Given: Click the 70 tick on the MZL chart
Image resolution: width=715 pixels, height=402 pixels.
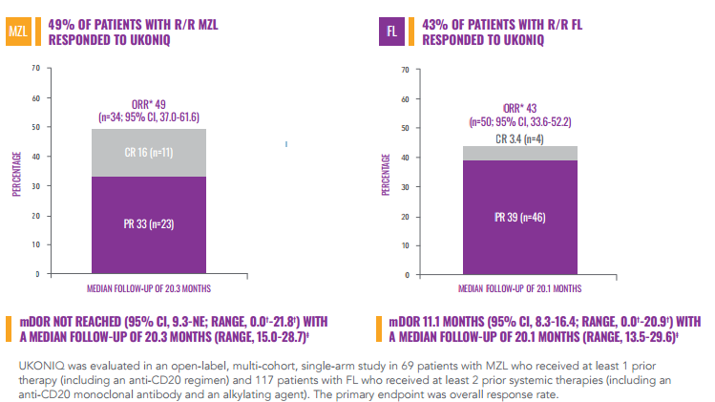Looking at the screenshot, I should click(x=36, y=68).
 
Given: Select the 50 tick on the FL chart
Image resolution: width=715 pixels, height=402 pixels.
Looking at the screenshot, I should click(x=407, y=128).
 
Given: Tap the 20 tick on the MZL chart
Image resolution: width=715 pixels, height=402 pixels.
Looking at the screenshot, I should click(x=36, y=216).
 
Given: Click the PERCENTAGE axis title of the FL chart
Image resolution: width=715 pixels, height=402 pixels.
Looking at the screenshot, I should click(x=388, y=172).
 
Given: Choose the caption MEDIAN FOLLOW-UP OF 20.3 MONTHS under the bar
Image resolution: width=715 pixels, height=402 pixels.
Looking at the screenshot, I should click(x=151, y=286).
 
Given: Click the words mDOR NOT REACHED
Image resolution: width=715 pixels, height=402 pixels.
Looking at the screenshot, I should click(x=67, y=321).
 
